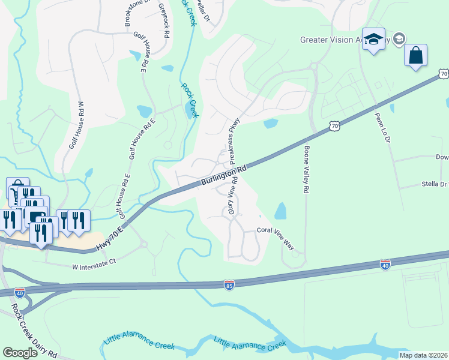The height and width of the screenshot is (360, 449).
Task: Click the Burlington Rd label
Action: pos(223,175)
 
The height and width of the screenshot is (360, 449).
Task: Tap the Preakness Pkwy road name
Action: pos(236,131)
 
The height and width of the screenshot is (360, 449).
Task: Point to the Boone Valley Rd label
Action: pos(306,169)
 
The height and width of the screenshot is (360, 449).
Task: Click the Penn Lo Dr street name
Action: pos(382,128)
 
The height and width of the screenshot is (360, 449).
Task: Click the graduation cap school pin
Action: pos(374,40)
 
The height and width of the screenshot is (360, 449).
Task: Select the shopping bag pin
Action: pos(415,56)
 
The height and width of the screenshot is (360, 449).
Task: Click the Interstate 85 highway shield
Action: pos(229,284)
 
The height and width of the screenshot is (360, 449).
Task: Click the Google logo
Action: pos(20,353)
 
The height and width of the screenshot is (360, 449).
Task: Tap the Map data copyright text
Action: pos(423,355)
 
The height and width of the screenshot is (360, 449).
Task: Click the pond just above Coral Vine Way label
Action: pos(280,211)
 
